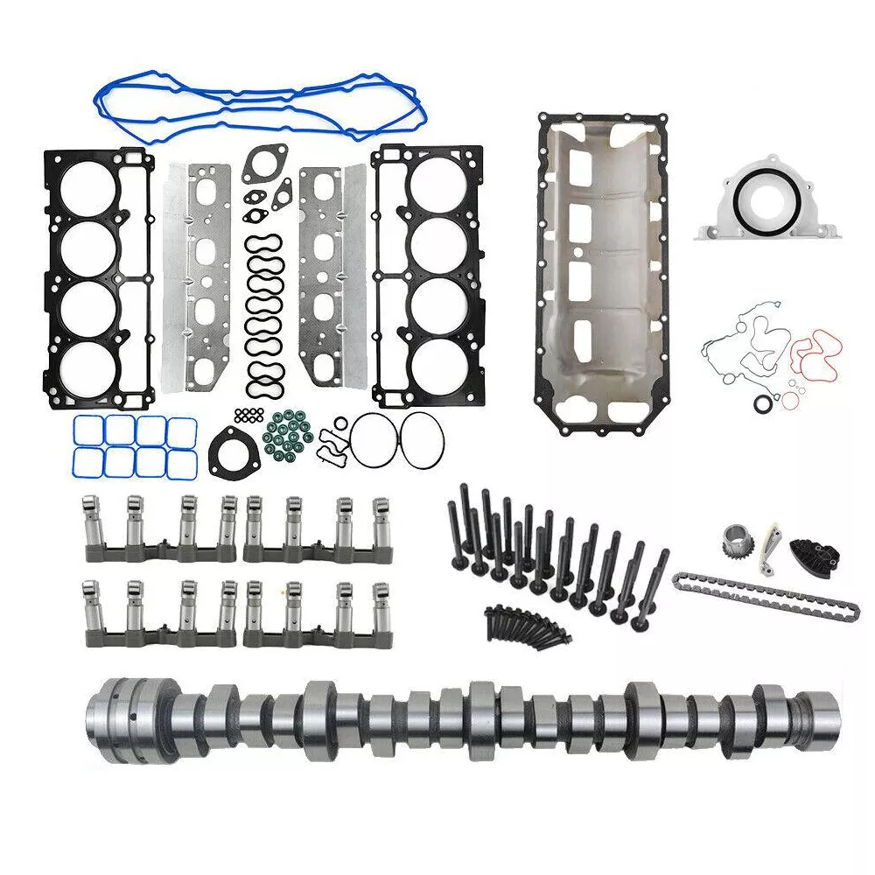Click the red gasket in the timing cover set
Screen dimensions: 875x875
point(814,354)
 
